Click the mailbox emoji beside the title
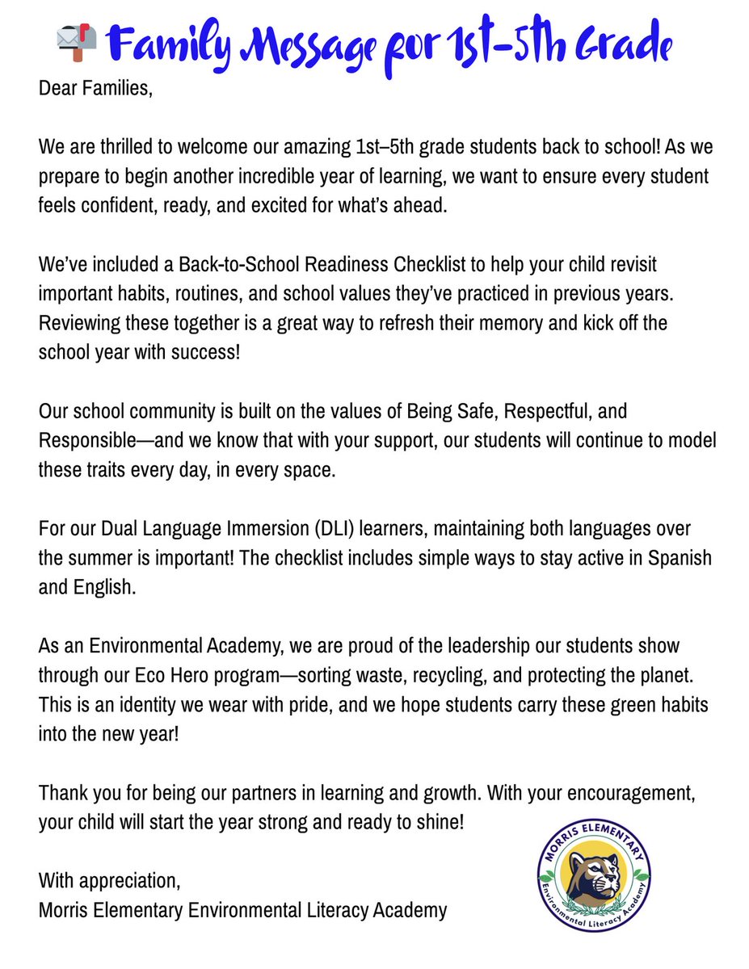click(78, 43)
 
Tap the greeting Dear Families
click(95, 88)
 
